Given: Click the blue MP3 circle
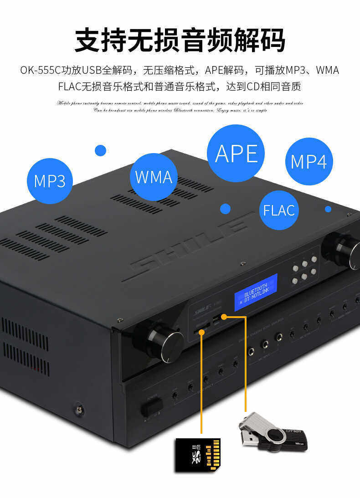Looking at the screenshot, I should tap(50, 181).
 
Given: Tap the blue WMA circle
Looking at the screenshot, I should tap(154, 177).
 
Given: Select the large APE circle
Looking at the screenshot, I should tap(236, 153).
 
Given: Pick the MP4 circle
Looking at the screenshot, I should tap(309, 162).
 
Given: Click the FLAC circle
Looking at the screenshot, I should tap(279, 210).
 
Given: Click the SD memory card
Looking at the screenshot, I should tap(198, 454).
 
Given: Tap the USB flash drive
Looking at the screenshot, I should tap(273, 433).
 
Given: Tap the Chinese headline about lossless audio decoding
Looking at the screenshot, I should tap(180, 40).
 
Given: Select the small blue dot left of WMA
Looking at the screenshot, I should tap(100, 150).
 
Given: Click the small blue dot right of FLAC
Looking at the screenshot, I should tap(328, 209).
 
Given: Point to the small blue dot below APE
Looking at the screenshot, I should tap(225, 209).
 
